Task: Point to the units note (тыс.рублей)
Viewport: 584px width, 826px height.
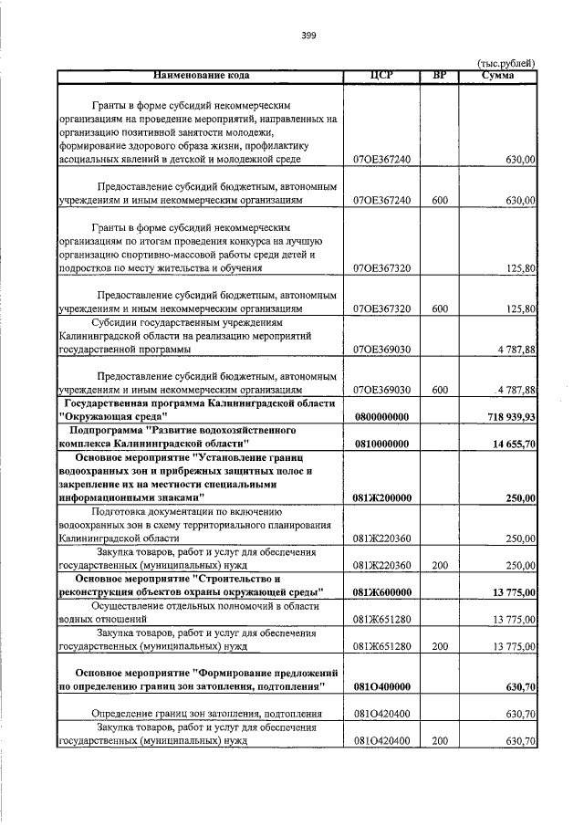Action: [x=506, y=63]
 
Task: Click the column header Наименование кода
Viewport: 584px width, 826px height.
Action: [x=201, y=75]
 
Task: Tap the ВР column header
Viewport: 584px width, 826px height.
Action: [x=440, y=75]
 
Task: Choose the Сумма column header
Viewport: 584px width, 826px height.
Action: [x=497, y=75]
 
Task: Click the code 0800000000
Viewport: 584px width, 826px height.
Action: [x=381, y=416]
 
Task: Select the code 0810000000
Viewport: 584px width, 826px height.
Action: [x=381, y=444]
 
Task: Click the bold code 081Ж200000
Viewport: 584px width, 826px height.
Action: [x=381, y=498]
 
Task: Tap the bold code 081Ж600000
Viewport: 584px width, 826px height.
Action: [x=381, y=593]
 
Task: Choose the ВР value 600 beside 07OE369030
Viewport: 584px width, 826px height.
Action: [x=440, y=390]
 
